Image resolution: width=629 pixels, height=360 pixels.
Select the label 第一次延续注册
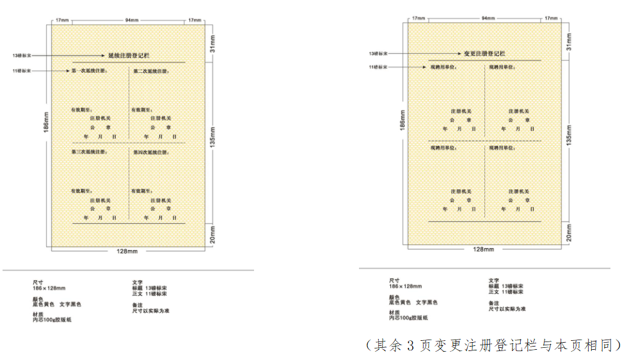(x=89, y=70)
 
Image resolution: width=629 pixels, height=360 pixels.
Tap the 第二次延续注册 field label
(x=151, y=70)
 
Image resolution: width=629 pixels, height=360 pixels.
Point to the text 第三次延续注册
(x=89, y=152)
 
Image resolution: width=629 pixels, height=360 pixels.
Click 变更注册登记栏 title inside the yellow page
(x=484, y=54)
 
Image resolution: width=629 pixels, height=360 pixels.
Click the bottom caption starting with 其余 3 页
(x=493, y=345)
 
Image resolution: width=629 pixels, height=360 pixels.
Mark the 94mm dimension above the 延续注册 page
(x=131, y=20)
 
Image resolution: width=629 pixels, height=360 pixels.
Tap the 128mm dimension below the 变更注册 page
(x=484, y=249)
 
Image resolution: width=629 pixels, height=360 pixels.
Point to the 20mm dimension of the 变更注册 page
(x=569, y=234)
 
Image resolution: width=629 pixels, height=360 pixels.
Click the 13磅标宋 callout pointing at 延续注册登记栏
(x=22, y=56)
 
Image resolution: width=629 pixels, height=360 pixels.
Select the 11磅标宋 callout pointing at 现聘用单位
(x=378, y=67)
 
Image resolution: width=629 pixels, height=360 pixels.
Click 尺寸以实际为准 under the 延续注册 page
(x=151, y=311)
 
